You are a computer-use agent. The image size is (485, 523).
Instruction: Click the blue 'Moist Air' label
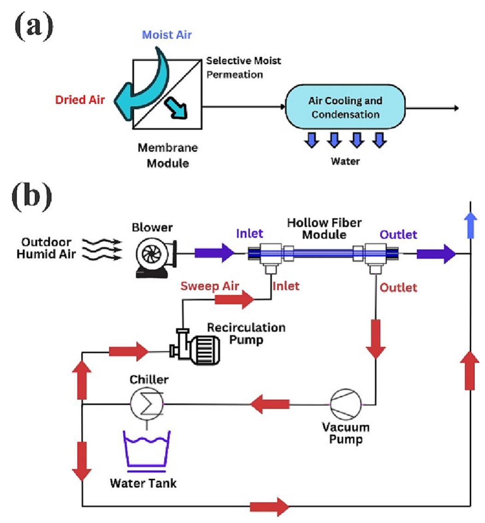point(166,35)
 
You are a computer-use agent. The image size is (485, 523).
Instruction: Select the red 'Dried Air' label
point(80,100)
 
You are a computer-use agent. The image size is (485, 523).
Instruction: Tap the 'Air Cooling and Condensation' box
point(345,107)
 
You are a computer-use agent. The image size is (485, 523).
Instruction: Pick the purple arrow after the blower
point(215,253)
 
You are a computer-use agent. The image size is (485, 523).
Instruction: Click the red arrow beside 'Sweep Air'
point(235,299)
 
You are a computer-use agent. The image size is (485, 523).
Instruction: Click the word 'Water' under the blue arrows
point(345,161)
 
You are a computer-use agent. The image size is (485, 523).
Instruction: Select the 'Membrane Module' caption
point(168,155)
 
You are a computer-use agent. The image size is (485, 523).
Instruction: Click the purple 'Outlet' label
point(398,234)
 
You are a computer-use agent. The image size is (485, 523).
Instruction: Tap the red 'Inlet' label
point(286,286)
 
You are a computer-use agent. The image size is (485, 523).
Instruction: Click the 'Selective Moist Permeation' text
point(243,67)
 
